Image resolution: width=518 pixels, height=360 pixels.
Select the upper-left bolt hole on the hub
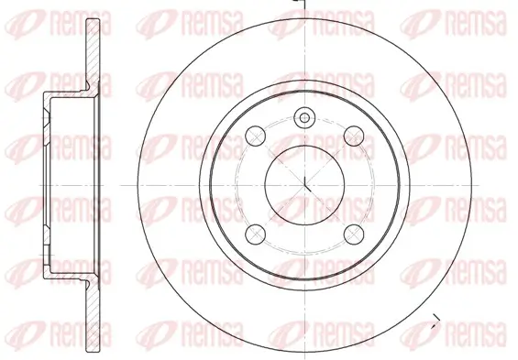pos(256,136)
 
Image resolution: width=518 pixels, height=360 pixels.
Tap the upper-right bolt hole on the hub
pos(354,136)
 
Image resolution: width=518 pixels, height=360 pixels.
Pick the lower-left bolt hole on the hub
pos(256,234)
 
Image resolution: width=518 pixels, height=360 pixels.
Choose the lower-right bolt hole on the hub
pos(354,234)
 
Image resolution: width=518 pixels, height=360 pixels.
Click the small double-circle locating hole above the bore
pos(304,118)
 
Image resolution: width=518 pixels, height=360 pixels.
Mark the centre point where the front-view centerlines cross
pos(304,185)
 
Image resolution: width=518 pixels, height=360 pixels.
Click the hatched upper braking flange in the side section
pos(93,53)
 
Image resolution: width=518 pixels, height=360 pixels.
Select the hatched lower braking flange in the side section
pos(93,316)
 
